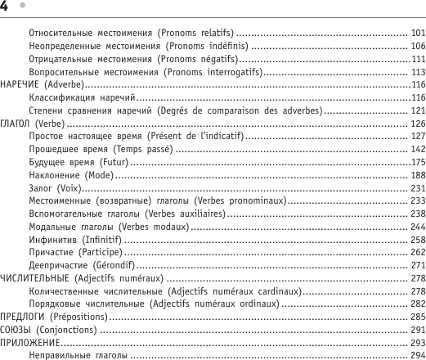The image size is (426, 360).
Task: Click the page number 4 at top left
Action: click(4, 7)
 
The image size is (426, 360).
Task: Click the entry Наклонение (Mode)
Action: click(70, 174)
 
